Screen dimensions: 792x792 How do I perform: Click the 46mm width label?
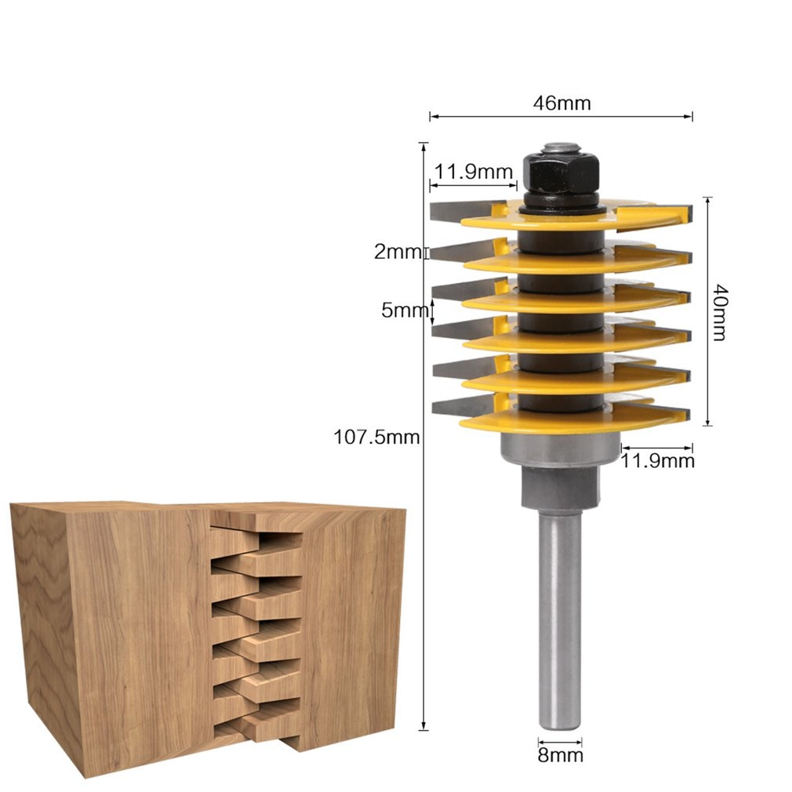[561, 103]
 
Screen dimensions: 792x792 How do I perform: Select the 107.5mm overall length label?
[377, 437]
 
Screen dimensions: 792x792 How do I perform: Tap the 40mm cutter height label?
[718, 311]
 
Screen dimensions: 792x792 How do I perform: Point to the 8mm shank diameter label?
[560, 755]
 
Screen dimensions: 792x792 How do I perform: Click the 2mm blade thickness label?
[398, 252]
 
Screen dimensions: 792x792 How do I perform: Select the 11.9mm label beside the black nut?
[474, 172]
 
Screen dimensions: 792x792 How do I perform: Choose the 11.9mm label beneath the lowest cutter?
[657, 460]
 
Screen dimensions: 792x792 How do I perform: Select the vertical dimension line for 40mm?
[707, 369]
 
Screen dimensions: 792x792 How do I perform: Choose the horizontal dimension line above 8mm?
[560, 739]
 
